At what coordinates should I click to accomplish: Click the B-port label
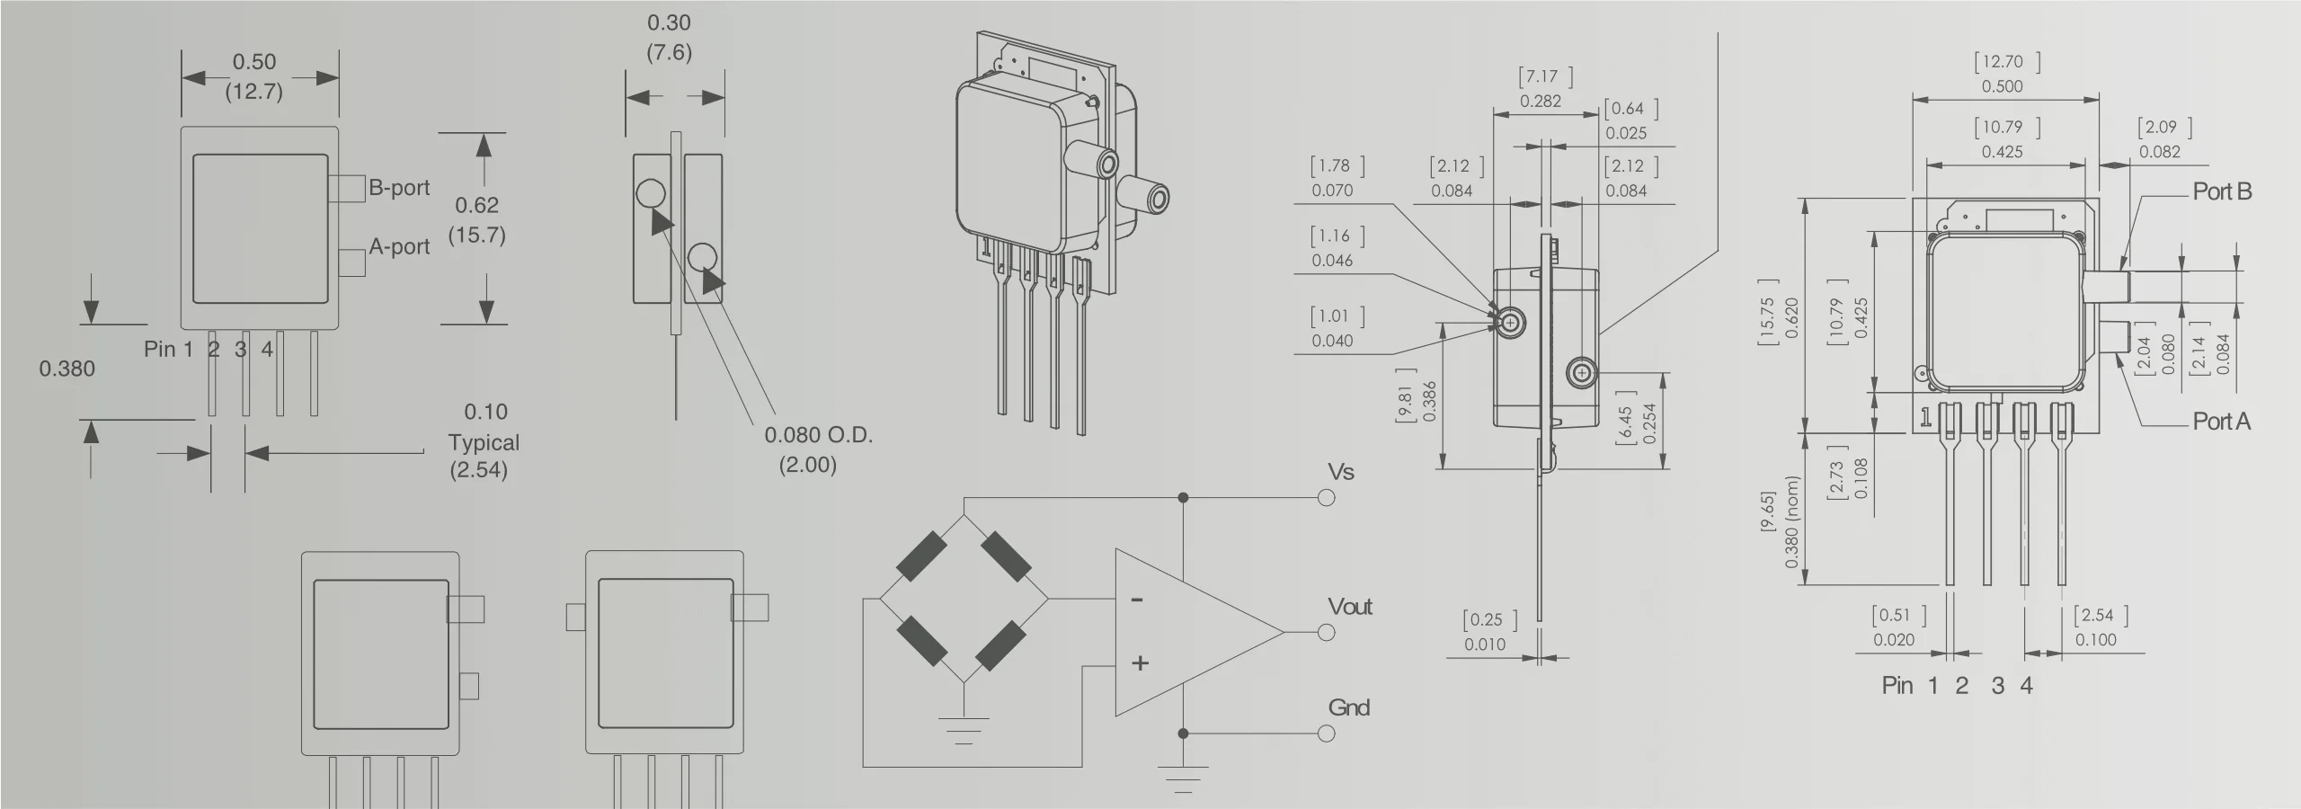click(x=399, y=188)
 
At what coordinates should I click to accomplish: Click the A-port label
click(x=399, y=246)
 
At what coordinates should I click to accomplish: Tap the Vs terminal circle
click(x=1326, y=498)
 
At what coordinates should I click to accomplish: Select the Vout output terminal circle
click(x=1326, y=633)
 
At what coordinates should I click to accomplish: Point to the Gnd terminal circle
click(x=1326, y=733)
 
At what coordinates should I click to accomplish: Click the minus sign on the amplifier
click(x=1137, y=600)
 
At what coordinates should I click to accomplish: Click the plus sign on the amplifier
click(x=1140, y=663)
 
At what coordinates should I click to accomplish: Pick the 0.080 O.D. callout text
click(x=818, y=435)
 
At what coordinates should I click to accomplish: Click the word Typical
click(x=484, y=442)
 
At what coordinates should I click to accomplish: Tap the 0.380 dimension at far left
click(x=67, y=369)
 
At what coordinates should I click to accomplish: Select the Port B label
click(x=2222, y=191)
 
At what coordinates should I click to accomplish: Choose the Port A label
click(x=2221, y=421)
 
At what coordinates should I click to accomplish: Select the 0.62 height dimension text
click(x=476, y=205)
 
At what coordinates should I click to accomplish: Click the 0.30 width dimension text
click(x=669, y=22)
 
